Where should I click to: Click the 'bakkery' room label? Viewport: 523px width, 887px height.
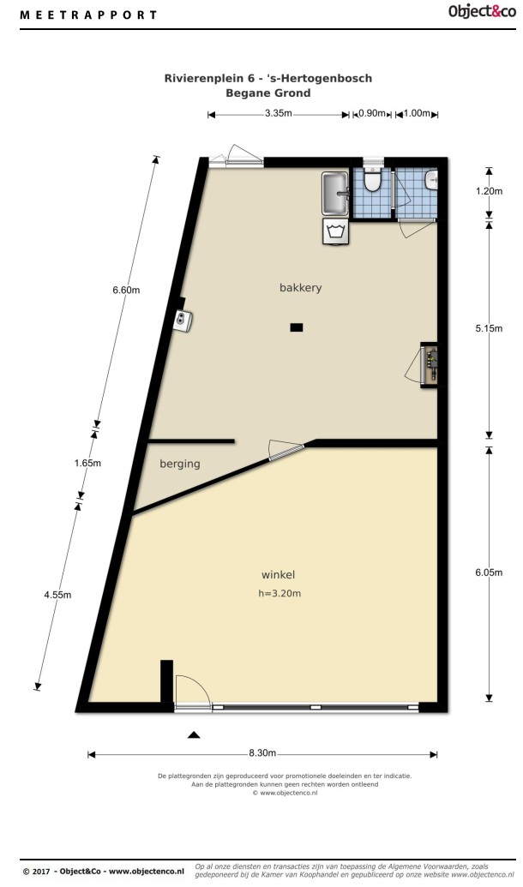pos(301,288)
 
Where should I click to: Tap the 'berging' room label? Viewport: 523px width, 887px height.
pos(180,464)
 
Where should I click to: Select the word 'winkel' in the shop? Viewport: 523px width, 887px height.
pos(278,575)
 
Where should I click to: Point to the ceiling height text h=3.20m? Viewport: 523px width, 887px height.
pos(279,593)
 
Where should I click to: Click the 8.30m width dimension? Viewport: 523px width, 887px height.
pos(262,753)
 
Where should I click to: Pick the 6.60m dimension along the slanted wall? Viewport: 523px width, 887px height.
pos(126,291)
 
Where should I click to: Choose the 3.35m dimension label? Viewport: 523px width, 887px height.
pos(279,113)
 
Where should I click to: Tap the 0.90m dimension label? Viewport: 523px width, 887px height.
pos(372,113)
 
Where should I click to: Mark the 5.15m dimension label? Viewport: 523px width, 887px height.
pos(489,328)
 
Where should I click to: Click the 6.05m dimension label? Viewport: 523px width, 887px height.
pos(489,572)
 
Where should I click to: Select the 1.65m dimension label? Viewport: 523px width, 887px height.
pos(87,463)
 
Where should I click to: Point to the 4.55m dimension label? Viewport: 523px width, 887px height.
pos(57,595)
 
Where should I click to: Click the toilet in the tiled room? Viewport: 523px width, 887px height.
pos(372,179)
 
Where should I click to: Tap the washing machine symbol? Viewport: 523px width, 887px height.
pos(335,231)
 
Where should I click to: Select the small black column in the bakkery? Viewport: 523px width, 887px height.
pos(297,327)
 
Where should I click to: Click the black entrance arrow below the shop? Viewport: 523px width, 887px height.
pos(194,734)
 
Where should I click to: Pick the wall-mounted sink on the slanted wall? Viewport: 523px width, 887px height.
pos(184,321)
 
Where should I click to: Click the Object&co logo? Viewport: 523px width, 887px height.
pos(482,11)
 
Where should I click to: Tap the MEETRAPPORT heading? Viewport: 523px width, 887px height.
pos(89,15)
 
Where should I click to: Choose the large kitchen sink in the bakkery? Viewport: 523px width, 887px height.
pos(335,194)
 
